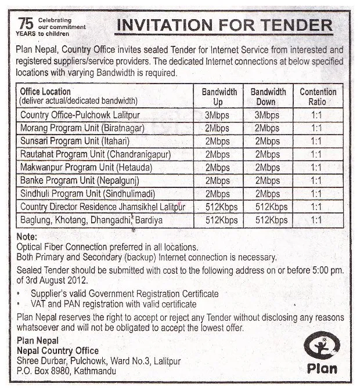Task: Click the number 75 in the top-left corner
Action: [26, 23]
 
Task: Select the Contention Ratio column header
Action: [318, 96]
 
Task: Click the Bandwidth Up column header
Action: [219, 96]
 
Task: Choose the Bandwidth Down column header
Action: [268, 96]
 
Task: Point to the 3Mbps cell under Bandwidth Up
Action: [218, 115]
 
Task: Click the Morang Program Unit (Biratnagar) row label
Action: [82, 128]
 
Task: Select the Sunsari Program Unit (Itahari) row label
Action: [75, 141]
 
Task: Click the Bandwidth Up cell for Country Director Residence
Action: [221, 207]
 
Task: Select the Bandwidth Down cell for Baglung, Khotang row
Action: [271, 220]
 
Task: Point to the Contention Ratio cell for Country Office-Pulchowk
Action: [316, 115]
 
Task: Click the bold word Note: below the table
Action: [27, 237]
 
